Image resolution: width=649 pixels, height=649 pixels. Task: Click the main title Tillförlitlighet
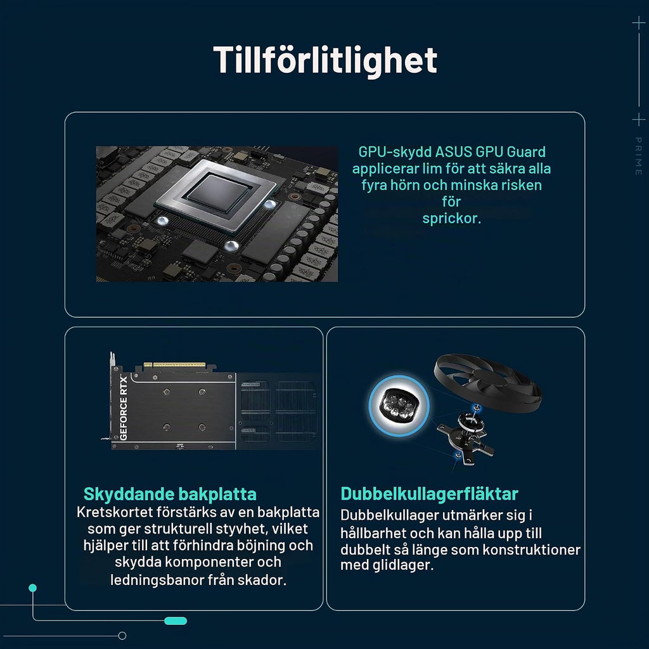(325, 60)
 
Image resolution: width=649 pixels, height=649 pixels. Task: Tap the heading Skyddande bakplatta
(170, 494)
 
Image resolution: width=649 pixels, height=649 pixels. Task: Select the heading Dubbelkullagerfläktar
(429, 494)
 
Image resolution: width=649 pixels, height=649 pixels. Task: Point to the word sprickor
(451, 219)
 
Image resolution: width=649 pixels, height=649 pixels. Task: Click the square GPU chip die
(219, 192)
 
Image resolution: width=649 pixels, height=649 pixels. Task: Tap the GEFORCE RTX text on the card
(124, 408)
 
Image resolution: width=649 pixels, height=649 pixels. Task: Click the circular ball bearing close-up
(399, 406)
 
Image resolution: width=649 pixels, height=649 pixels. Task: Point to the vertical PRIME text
(638, 156)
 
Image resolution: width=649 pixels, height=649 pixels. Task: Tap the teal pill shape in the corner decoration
(176, 621)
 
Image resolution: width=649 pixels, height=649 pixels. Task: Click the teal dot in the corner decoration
(33, 588)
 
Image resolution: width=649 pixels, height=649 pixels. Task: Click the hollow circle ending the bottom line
(122, 636)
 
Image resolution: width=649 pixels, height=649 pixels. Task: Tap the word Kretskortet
(115, 512)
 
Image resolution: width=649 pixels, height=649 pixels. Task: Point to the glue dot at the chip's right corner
(270, 204)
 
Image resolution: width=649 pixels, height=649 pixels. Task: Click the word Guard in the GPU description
(526, 152)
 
